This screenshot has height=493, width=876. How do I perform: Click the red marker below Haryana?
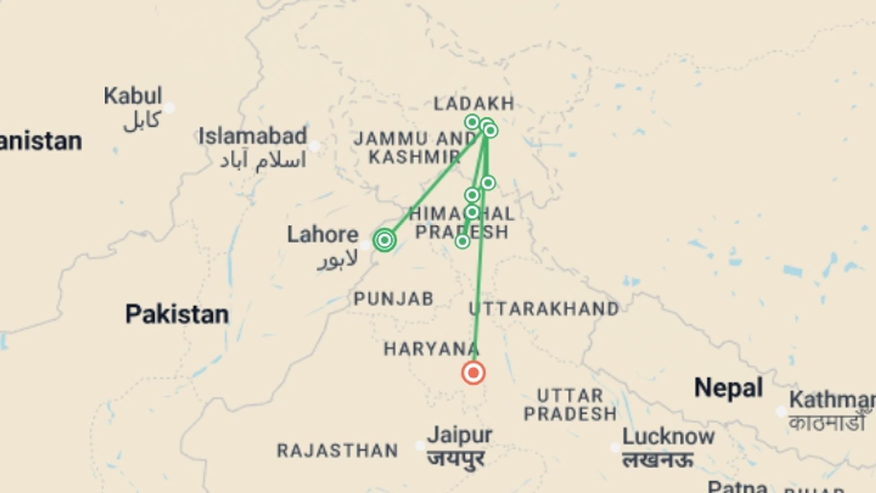[x=473, y=373]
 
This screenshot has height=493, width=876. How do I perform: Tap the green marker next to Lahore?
[x=385, y=240]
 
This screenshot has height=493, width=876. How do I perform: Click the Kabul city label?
[x=133, y=96]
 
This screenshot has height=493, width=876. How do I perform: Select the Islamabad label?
[x=253, y=136]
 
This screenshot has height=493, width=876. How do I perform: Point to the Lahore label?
[x=323, y=235]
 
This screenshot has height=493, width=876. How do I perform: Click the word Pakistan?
[x=177, y=315]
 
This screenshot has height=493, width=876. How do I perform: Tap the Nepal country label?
[x=728, y=388]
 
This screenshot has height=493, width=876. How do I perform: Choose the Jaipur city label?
[x=459, y=435]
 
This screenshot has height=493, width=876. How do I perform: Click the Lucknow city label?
[x=668, y=437]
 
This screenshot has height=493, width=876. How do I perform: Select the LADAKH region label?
[x=474, y=104]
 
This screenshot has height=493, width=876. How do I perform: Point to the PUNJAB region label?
[x=393, y=299]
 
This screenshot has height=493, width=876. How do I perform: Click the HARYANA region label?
[x=431, y=349]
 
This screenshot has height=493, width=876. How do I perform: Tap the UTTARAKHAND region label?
[x=544, y=309]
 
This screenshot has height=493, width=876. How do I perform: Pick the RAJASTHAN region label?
[x=338, y=451]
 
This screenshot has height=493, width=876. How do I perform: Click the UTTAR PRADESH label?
[x=570, y=404]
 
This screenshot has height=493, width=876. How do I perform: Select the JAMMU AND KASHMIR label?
[x=414, y=147]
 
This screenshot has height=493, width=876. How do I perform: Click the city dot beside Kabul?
[x=169, y=108]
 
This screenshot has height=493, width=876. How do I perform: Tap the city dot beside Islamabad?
[x=314, y=146]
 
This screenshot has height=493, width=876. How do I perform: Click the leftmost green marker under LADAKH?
[x=472, y=122]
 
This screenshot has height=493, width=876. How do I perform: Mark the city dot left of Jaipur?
[x=420, y=446]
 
